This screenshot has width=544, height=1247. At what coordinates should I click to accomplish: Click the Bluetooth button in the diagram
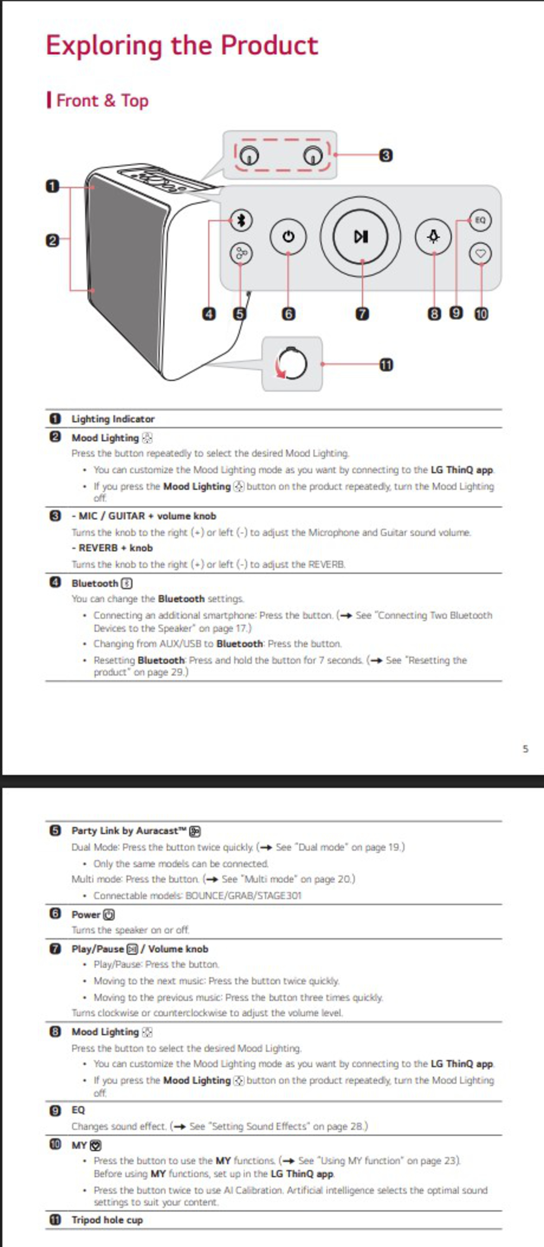click(x=241, y=221)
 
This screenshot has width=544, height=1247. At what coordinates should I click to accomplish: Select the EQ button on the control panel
click(x=480, y=220)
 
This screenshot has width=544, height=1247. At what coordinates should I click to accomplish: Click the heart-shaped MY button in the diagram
click(x=480, y=253)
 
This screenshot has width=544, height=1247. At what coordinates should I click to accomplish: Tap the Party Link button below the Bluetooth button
click(x=241, y=253)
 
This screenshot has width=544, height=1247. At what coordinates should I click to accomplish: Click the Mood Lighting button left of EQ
click(x=433, y=237)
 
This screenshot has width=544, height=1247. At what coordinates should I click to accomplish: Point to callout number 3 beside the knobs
click(x=386, y=155)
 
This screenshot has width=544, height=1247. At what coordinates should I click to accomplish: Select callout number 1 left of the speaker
click(x=52, y=186)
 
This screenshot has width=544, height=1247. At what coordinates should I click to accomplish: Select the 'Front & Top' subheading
click(x=102, y=101)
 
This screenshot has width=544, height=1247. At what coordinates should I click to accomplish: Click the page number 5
click(x=525, y=749)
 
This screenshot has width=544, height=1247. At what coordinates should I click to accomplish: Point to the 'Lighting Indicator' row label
click(x=113, y=419)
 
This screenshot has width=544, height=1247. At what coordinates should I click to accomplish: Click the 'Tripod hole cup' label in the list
click(x=107, y=1220)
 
